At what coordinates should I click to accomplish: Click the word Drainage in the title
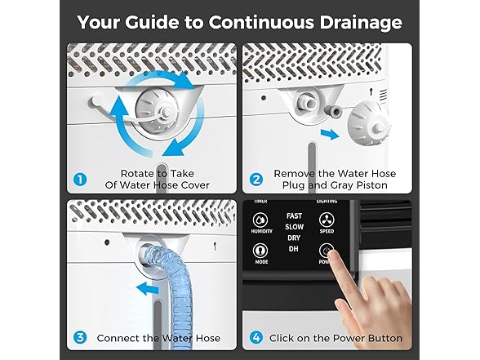tap(361, 23)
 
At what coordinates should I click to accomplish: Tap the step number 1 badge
tap(80, 179)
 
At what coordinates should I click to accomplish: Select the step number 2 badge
tap(256, 179)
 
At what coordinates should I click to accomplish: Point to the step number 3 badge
tap(80, 338)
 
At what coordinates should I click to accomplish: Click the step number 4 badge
tap(256, 338)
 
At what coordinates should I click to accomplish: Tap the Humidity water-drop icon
tap(261, 220)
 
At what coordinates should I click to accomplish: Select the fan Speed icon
tap(327, 220)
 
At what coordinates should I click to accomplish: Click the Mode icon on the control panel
tap(261, 251)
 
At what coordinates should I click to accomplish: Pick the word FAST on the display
tap(294, 216)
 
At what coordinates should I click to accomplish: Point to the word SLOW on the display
tap(294, 227)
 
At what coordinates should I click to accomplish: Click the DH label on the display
tap(294, 249)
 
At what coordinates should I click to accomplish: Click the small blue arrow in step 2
tap(330, 134)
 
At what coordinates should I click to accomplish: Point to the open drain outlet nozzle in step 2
tap(304, 103)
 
